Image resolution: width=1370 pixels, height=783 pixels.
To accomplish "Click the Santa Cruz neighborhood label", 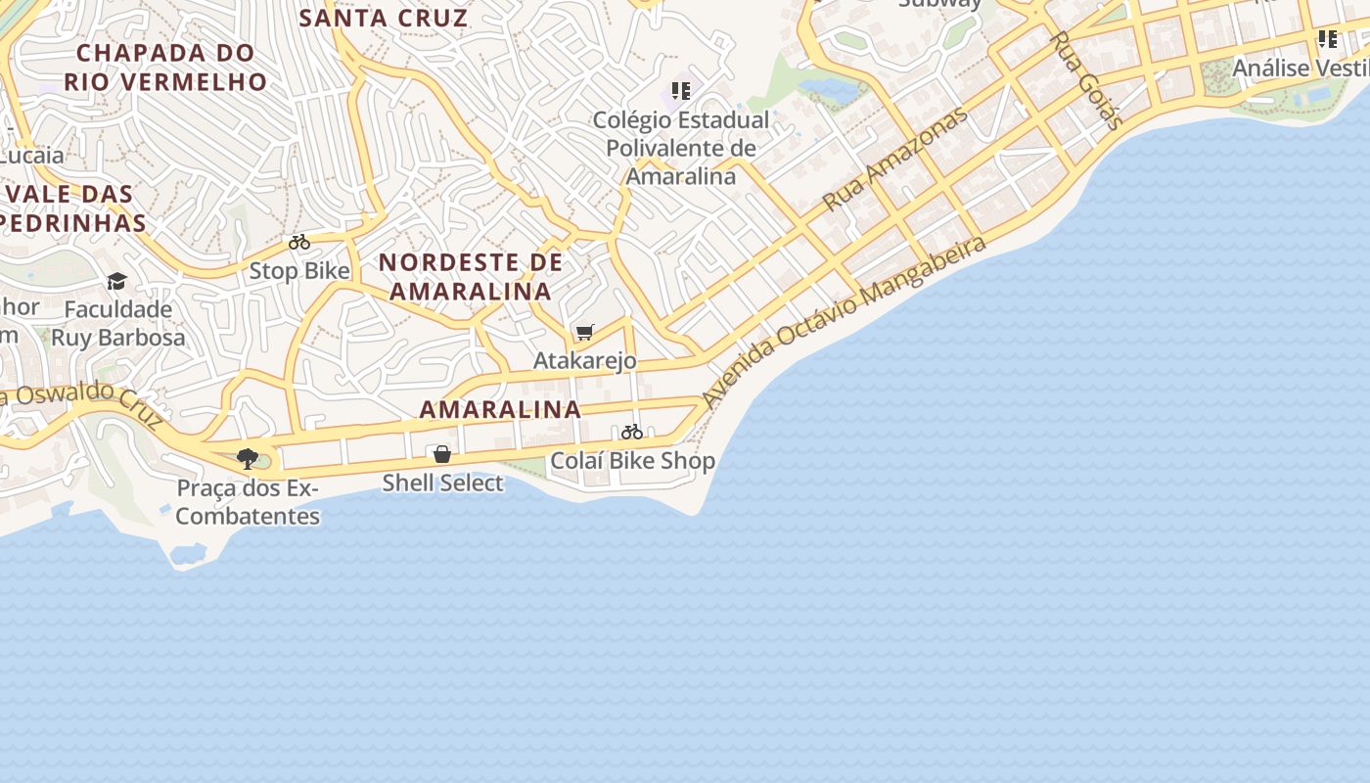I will (x=384, y=18).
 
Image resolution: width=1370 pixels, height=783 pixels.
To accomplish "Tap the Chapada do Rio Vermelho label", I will (x=165, y=67).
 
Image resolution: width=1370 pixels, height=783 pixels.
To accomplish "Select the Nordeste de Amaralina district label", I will (x=471, y=276).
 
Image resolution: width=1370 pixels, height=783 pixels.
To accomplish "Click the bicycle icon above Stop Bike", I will (x=299, y=242).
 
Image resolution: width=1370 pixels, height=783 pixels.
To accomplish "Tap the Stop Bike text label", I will (x=299, y=270).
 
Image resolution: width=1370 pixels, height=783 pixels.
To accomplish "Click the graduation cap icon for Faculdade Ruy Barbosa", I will (x=117, y=282).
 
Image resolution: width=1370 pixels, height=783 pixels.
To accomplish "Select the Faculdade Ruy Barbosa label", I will (x=117, y=323).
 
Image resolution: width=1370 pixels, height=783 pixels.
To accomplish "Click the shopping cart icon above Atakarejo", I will (x=584, y=333).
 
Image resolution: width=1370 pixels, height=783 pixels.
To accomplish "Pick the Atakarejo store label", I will (x=584, y=360).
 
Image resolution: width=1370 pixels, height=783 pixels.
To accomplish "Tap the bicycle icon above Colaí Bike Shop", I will (x=632, y=432).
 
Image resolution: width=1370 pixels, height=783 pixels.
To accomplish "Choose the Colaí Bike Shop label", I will (x=632, y=460).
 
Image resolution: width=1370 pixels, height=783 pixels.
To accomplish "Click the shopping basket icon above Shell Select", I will (x=442, y=454).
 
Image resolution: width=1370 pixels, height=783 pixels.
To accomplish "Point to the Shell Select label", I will (x=442, y=483).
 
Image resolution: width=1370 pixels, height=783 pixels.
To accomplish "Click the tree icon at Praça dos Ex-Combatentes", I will (x=248, y=458).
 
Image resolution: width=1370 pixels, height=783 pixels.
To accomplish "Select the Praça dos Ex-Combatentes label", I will (x=248, y=501).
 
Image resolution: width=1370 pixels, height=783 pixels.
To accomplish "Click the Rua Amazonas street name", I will (x=894, y=159).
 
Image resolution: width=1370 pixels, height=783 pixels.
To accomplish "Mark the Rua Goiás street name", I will (x=1086, y=80).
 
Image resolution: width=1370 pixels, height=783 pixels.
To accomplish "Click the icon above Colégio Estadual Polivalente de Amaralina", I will (x=681, y=91).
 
